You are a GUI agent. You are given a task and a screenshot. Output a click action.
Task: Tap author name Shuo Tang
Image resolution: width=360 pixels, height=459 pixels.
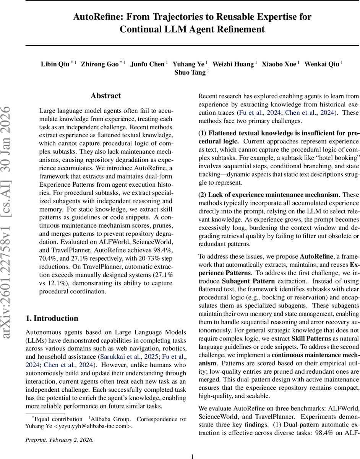(x=190, y=73)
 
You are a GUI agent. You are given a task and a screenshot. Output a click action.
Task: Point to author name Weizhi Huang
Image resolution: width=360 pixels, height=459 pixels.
(x=233, y=64)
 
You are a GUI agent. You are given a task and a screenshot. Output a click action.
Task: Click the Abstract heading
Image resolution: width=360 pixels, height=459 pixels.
(x=105, y=96)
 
